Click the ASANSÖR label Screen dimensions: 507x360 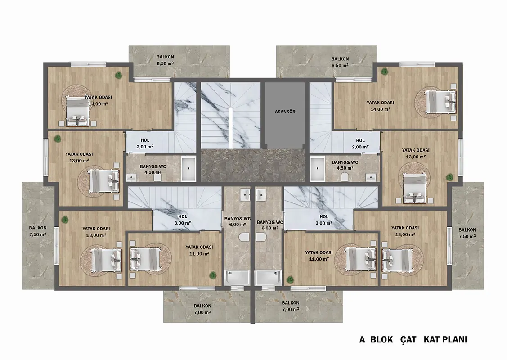285,112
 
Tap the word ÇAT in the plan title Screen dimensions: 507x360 408,339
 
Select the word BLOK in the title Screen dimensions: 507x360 381,339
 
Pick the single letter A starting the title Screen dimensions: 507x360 363,339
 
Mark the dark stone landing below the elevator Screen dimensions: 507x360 252,166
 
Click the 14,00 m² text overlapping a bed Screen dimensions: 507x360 98,104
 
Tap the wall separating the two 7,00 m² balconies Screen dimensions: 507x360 252,306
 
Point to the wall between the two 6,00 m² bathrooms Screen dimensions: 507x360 252,236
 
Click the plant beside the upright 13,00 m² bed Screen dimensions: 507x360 449,177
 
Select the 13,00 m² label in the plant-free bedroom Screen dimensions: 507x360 405,234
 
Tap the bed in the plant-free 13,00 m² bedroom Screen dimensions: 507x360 396,259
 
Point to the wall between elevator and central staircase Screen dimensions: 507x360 263,115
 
